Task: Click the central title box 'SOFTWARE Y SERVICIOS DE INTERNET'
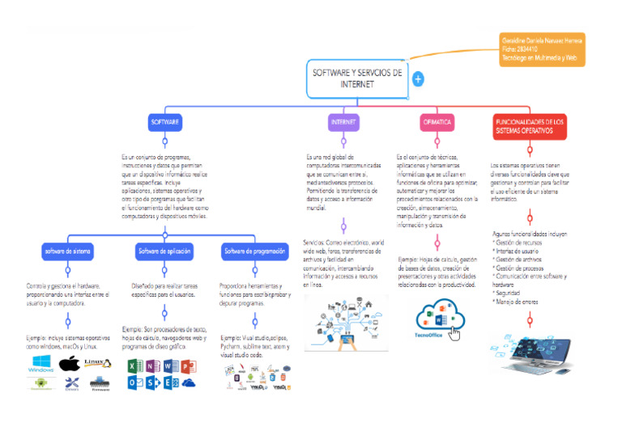tap(357, 78)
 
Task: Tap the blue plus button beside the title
tap(418, 79)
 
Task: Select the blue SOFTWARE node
tap(164, 122)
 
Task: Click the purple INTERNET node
tap(343, 122)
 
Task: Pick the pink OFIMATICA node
tap(437, 122)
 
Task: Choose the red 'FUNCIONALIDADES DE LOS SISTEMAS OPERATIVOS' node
tap(530, 125)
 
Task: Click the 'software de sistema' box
tap(68, 251)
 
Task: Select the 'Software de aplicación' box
tap(164, 251)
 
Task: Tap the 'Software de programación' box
tap(253, 251)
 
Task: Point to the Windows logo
tap(40, 364)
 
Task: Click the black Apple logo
tap(70, 363)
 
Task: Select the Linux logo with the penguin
tap(96, 364)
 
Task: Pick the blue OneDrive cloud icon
tap(189, 383)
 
